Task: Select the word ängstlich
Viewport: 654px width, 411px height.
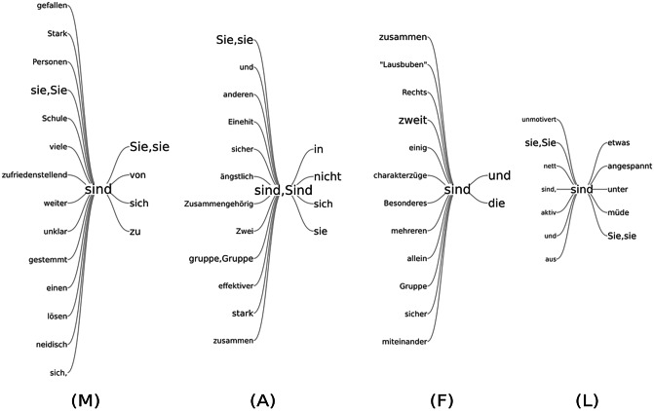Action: point(235,175)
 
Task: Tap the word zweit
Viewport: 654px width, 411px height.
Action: point(413,121)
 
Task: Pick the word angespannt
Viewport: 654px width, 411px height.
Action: point(630,166)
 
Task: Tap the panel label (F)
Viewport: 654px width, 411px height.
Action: point(445,399)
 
